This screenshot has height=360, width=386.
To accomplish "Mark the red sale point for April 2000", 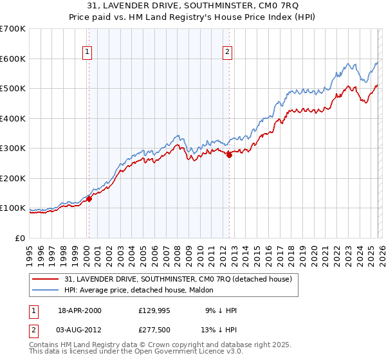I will point(89,199).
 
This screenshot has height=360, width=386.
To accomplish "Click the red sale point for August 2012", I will point(229,154).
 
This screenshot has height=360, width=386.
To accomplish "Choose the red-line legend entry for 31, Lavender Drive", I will point(178,279).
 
